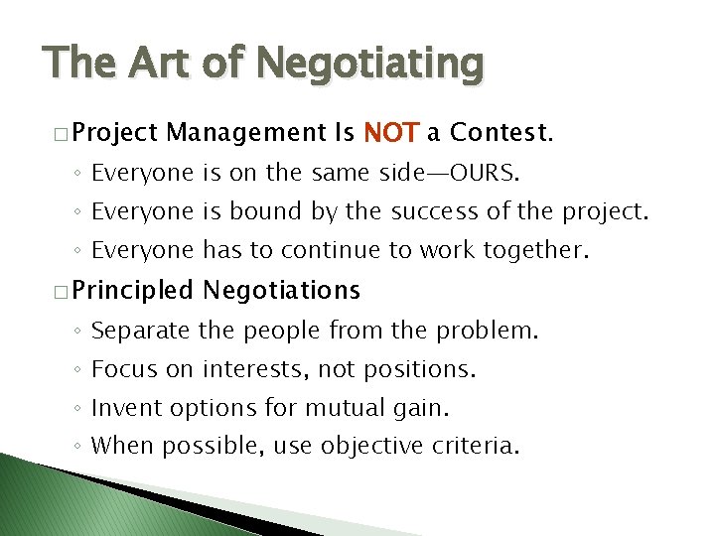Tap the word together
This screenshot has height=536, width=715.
[536, 251]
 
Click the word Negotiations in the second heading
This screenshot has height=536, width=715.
[281, 291]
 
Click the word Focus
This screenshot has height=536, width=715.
[123, 370]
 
